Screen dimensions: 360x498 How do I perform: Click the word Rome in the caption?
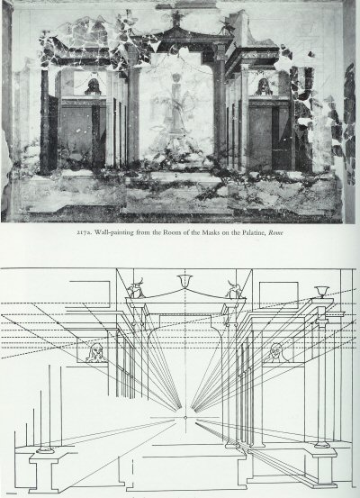coord(275,232)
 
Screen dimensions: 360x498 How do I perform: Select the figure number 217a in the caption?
coord(83,233)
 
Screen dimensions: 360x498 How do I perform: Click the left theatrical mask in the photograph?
coord(93,86)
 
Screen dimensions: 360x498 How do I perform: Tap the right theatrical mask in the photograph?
coord(264,86)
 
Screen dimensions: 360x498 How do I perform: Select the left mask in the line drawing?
coord(96,354)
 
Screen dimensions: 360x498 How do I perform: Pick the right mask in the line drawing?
coord(276,352)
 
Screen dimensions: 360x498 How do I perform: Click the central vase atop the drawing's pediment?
coord(185,281)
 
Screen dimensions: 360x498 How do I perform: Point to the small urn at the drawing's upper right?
coord(321,292)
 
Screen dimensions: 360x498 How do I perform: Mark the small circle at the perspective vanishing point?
coord(185,417)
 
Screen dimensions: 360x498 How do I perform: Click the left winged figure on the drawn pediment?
coord(136,288)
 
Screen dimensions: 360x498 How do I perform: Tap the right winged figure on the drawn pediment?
coord(234,289)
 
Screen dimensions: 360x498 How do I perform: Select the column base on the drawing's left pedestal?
coord(45,449)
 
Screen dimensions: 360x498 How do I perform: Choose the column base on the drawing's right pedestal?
coord(322,444)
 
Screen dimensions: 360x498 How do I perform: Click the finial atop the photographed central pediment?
coord(175,18)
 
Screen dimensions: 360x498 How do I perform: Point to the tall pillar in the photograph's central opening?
coord(176,104)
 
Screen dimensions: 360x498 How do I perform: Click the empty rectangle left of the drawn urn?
coord(279,295)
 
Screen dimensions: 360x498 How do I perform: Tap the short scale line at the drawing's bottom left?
coord(10,493)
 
